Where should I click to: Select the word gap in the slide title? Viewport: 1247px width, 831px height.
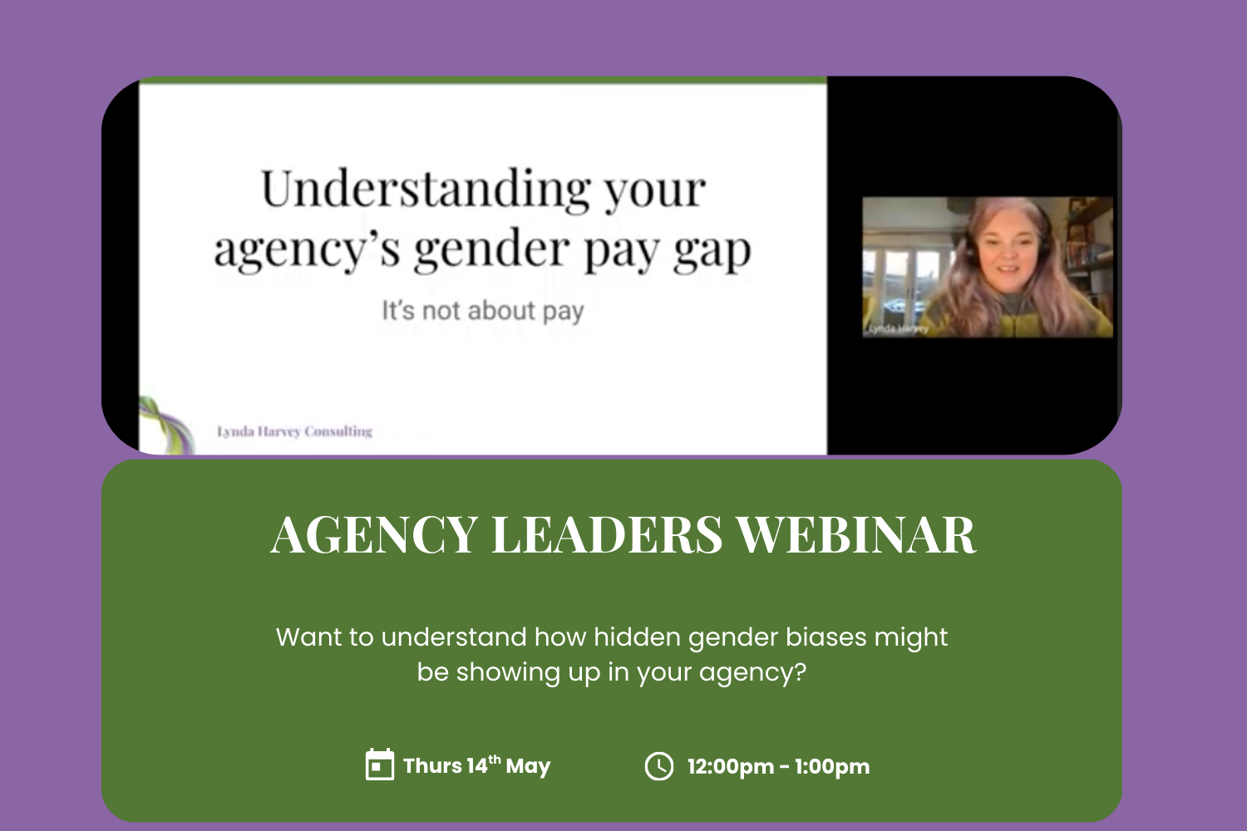click(712, 251)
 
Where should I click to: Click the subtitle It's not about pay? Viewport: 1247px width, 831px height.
click(483, 311)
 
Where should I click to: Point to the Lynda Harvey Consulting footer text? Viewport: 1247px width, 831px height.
click(294, 431)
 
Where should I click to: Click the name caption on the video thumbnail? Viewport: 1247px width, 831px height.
click(897, 329)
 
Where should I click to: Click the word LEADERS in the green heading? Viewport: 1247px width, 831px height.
click(607, 534)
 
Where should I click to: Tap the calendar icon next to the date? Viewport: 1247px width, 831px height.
click(380, 765)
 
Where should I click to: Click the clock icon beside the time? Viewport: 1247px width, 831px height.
click(659, 765)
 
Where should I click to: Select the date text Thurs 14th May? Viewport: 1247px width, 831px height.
click(476, 765)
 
